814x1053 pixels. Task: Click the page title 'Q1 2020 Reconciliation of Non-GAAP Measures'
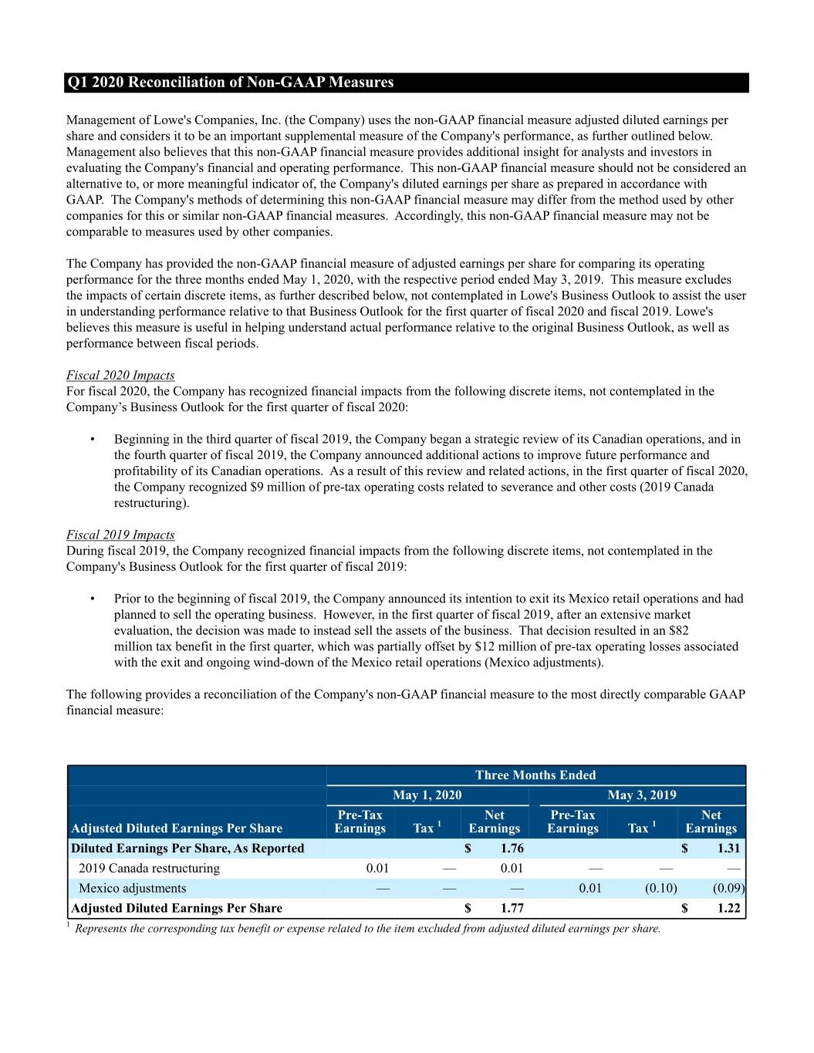230,83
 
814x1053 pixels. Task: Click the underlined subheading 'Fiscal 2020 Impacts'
120,376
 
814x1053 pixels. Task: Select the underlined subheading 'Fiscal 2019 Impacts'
120,535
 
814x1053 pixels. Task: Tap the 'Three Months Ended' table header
535,775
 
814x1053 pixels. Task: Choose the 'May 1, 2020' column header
427,795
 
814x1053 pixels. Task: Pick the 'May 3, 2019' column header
642,795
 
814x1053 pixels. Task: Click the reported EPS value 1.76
512,849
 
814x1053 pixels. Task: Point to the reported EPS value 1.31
728,849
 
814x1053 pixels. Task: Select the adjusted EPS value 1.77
512,909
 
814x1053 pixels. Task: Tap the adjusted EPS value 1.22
728,909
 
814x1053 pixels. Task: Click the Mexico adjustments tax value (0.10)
660,889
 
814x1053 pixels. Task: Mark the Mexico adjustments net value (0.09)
728,889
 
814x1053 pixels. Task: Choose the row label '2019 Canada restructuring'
149,869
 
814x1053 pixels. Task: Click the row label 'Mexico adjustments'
132,889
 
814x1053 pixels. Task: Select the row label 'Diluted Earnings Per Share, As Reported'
187,849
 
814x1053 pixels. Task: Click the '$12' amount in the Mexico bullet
483,646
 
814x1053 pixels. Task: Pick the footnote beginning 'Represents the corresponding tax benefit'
367,929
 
